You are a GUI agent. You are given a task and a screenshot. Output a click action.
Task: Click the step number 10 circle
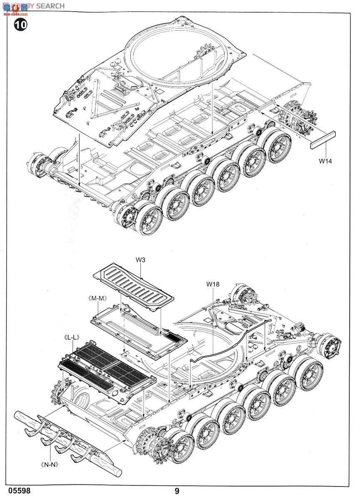[x=20, y=25]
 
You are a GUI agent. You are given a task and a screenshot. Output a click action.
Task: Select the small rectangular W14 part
[x=323, y=140]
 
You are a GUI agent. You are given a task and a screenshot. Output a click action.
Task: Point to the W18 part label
[x=212, y=284]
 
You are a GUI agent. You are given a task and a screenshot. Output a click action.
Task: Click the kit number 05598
[x=19, y=491]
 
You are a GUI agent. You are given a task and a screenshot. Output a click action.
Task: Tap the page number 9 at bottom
[x=177, y=491]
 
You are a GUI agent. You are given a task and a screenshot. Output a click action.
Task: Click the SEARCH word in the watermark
[x=50, y=6]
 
